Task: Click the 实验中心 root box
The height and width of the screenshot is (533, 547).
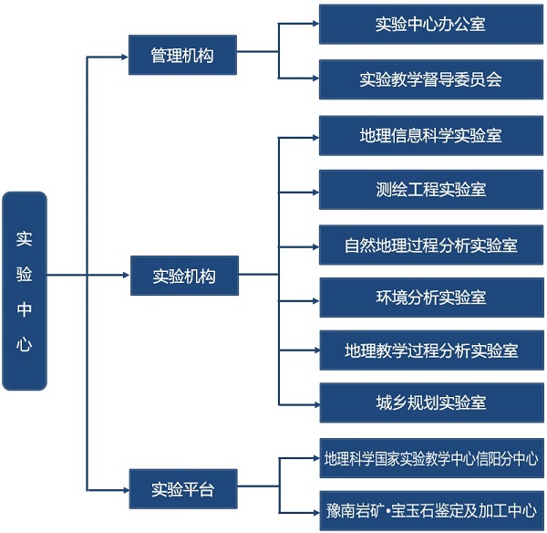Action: pyautogui.click(x=25, y=290)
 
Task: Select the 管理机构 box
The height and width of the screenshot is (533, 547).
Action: pyautogui.click(x=182, y=56)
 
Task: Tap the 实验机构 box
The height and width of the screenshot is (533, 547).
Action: pyautogui.click(x=184, y=276)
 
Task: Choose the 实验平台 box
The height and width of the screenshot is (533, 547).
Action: pyautogui.click(x=182, y=489)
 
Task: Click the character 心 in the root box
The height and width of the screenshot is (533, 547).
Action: pyautogui.click(x=25, y=344)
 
